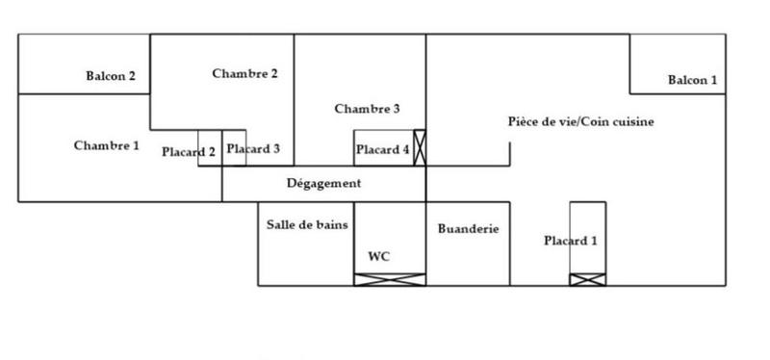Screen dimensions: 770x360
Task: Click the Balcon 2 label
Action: tap(111, 76)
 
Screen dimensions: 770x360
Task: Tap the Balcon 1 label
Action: tap(693, 80)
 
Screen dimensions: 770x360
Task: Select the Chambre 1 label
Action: tap(107, 145)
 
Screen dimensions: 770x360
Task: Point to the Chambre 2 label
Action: tap(245, 73)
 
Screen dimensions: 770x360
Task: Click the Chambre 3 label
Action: tap(367, 109)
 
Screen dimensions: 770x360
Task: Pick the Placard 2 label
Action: tap(189, 150)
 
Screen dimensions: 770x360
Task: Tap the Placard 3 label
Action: tap(253, 148)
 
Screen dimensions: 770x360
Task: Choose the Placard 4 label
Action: tap(382, 149)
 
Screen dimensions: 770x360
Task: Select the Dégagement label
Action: tap(324, 183)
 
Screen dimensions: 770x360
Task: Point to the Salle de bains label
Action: tap(307, 224)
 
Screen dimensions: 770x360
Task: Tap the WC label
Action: tap(379, 256)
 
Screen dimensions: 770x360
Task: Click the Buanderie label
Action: tap(468, 229)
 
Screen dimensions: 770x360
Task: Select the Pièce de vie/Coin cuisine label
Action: tap(581, 122)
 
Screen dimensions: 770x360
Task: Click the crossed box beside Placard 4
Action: tap(419, 148)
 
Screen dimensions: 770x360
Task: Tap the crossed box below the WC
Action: tap(390, 279)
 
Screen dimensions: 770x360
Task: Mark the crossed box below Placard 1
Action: tap(587, 279)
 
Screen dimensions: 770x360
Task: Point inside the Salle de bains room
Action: tap(305, 255)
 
